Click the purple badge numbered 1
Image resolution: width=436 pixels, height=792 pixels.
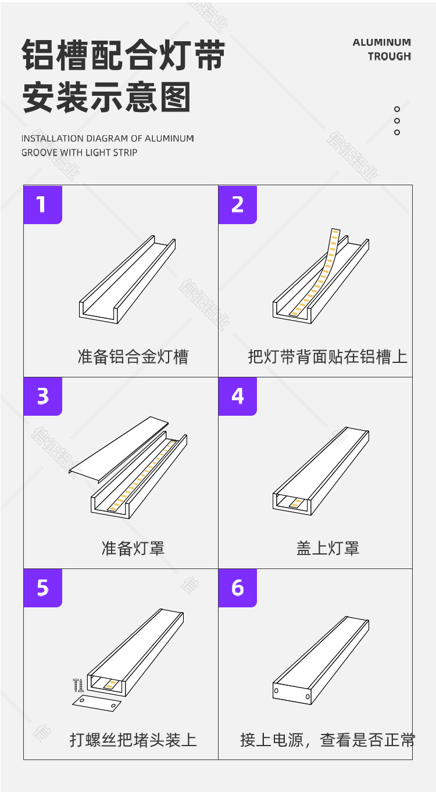click(42, 204)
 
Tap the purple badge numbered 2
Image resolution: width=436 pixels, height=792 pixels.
click(237, 204)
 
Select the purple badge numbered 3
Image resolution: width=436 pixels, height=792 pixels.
click(42, 396)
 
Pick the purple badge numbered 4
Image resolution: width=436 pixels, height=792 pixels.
click(237, 396)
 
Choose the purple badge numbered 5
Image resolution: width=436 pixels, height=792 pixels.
click(42, 588)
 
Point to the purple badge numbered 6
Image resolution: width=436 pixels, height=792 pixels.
click(237, 588)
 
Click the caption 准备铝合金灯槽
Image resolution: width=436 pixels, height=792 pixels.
click(133, 357)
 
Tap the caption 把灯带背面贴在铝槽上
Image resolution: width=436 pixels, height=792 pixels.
click(327, 357)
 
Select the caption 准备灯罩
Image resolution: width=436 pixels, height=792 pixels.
click(133, 548)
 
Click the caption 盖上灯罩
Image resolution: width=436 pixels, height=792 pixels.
click(327, 548)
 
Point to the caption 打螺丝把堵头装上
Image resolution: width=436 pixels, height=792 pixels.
click(133, 740)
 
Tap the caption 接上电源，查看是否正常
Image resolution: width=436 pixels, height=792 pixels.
click(327, 740)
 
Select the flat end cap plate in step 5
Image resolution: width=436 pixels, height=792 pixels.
click(97, 703)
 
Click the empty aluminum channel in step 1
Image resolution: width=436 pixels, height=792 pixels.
click(127, 279)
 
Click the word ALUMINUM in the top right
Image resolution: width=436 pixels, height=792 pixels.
click(381, 42)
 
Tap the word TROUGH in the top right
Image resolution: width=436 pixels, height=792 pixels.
click(389, 56)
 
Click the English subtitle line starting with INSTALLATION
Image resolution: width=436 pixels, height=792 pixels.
click(108, 139)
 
